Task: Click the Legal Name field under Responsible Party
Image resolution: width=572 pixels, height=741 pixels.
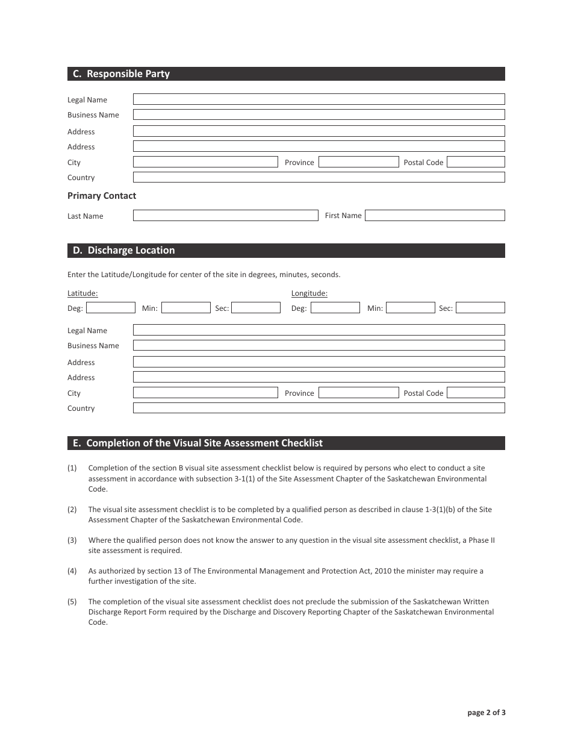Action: pyautogui.click(x=319, y=99)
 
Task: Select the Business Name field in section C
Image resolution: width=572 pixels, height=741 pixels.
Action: pyautogui.click(x=319, y=114)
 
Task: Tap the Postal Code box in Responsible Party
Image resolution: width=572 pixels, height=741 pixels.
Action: pyautogui.click(x=476, y=162)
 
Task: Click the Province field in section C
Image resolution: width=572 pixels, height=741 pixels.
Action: pyautogui.click(x=358, y=162)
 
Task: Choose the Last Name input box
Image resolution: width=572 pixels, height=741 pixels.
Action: pyautogui.click(x=225, y=215)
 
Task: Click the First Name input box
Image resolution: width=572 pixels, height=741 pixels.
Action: pyautogui.click(x=435, y=215)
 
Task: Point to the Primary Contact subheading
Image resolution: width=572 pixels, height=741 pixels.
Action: pyautogui.click(x=102, y=196)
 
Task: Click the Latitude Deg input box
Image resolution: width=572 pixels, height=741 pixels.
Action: pyautogui.click(x=110, y=308)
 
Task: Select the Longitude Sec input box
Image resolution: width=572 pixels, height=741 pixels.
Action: pyautogui.click(x=480, y=308)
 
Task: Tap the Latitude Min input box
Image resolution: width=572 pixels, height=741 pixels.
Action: pyautogui.click(x=185, y=308)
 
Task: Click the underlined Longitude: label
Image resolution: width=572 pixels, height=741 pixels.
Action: pyautogui.click(x=309, y=293)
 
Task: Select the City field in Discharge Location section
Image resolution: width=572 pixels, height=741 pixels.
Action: pyautogui.click(x=205, y=393)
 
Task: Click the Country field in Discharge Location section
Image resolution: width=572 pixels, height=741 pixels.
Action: pyautogui.click(x=319, y=408)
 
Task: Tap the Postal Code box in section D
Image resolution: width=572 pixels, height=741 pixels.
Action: pyautogui.click(x=476, y=393)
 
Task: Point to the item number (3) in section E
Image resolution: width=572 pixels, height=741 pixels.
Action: pyautogui.click(x=72, y=540)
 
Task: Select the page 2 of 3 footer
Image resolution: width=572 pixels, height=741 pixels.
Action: pyautogui.click(x=487, y=713)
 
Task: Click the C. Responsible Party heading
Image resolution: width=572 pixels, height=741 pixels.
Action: pyautogui.click(x=122, y=74)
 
